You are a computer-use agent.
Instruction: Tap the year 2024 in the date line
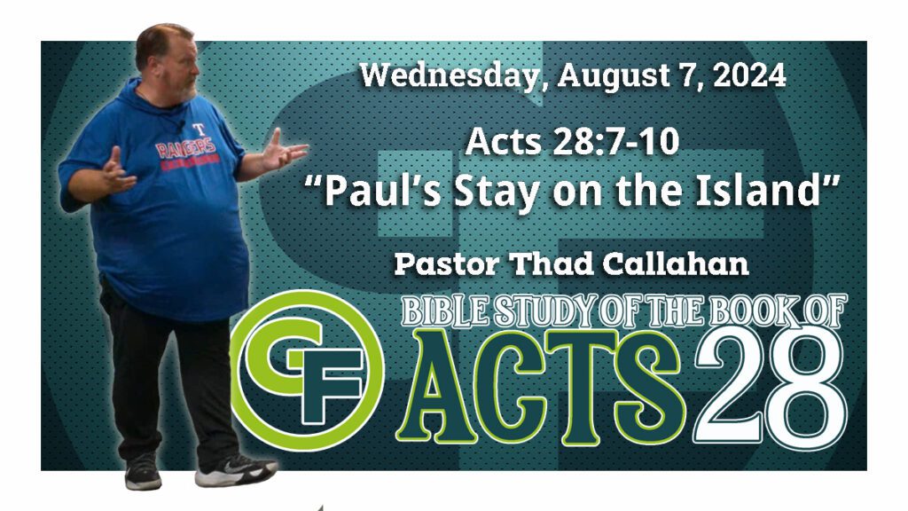(x=749, y=75)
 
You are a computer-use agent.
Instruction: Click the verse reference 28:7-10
(x=616, y=141)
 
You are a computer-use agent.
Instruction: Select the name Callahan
(x=676, y=264)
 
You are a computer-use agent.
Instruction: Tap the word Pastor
(x=447, y=264)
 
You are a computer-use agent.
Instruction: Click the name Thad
(x=552, y=264)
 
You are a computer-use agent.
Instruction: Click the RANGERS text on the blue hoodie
(x=186, y=147)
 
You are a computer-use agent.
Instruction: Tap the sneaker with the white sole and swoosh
(x=235, y=468)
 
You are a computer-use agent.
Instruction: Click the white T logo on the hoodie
(x=199, y=129)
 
